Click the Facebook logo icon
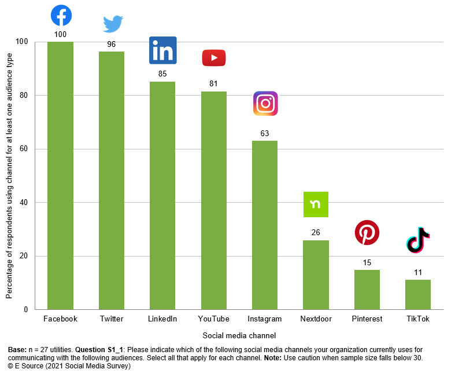(x=61, y=15)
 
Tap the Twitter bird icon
(x=113, y=24)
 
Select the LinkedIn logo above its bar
(x=162, y=50)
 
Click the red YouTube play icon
(x=213, y=58)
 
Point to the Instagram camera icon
(x=265, y=104)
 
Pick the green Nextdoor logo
(x=316, y=204)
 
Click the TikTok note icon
(x=418, y=240)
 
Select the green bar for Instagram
(x=265, y=226)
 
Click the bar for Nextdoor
(x=316, y=275)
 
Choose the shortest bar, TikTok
(x=418, y=295)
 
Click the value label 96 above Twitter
(x=112, y=43)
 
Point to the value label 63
(x=265, y=133)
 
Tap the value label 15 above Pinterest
(x=367, y=262)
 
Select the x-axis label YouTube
(x=213, y=319)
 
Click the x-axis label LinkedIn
(x=162, y=319)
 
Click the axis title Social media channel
(x=239, y=335)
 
